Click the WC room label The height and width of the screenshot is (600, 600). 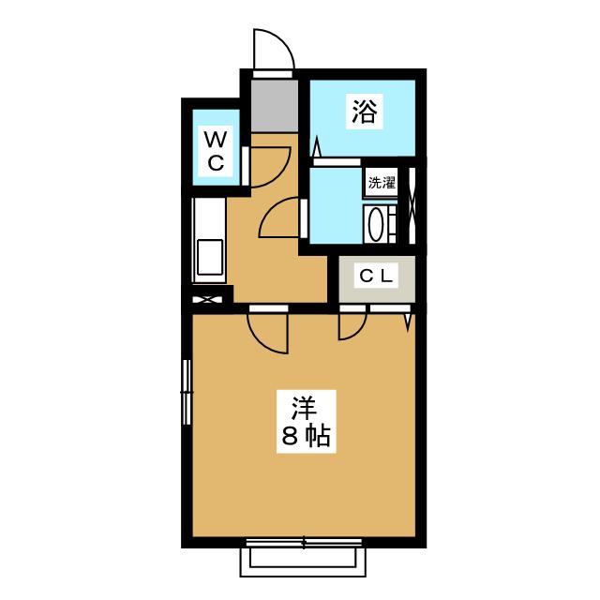(216, 151)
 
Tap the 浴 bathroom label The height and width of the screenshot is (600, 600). (365, 111)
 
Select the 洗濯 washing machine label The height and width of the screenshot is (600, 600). (382, 183)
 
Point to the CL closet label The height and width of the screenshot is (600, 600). (377, 276)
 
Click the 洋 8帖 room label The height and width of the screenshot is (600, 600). (307, 422)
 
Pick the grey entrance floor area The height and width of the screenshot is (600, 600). (275, 105)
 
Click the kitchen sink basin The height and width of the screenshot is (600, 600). (210, 257)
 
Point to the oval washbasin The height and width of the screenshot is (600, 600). (374, 224)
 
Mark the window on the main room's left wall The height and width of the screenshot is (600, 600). (187, 392)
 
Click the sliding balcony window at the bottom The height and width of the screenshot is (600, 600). (304, 543)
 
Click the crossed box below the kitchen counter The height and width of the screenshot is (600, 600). (207, 299)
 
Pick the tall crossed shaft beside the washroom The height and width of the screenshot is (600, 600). (412, 205)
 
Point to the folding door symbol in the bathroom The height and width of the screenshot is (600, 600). (317, 148)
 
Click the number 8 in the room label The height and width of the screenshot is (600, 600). (290, 436)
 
